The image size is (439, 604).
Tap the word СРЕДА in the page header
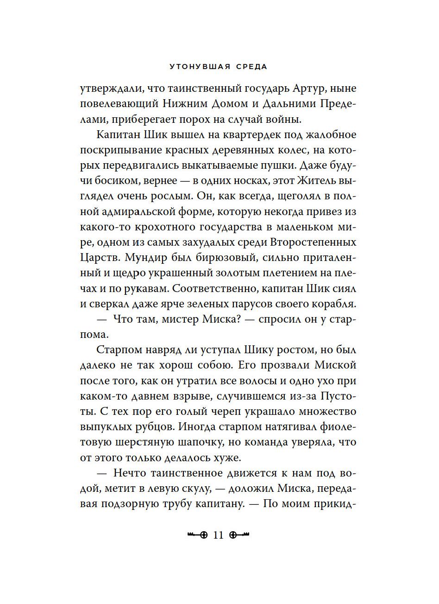[251, 66]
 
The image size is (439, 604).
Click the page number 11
[218, 535]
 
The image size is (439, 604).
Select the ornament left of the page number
[196, 535]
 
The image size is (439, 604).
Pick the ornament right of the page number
[239, 535]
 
